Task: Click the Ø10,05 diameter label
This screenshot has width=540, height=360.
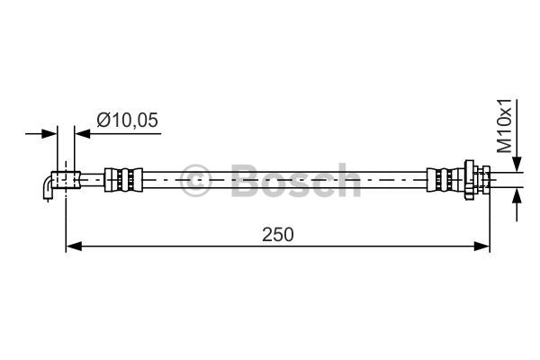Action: (128, 117)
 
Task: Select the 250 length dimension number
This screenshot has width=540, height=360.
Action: (278, 234)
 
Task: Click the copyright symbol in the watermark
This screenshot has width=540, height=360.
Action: (196, 178)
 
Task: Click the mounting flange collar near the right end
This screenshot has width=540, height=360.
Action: (470, 179)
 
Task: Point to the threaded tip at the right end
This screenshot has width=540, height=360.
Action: (485, 179)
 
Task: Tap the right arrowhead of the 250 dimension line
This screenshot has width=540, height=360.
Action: (482, 245)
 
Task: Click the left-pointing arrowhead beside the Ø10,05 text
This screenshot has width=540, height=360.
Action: (82, 133)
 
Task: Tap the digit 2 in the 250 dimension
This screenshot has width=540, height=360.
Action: (267, 234)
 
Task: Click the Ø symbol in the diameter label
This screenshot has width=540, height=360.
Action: (103, 117)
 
